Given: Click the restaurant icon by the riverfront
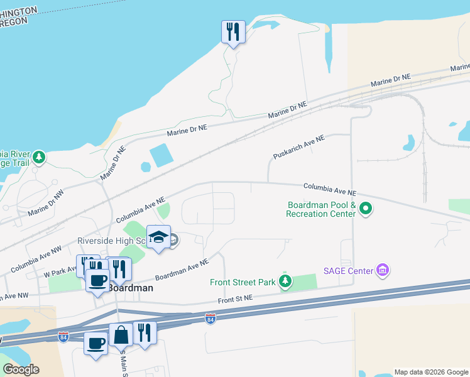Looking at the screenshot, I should click(x=233, y=31).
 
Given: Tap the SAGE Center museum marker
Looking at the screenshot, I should click(x=383, y=271).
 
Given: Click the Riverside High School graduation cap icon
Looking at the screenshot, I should click(x=158, y=237).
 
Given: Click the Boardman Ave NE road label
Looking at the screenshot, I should click(x=182, y=270).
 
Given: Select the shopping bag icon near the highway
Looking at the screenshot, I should click(x=121, y=334).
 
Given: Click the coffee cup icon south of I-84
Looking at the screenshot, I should click(x=96, y=343).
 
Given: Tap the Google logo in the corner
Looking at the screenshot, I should click(x=21, y=369).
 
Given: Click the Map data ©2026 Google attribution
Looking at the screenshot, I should click(x=431, y=371).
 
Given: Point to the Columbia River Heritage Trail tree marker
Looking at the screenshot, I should click(x=39, y=156).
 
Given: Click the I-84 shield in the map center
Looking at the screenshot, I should click(x=210, y=319).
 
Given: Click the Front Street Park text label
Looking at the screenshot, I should click(x=243, y=282).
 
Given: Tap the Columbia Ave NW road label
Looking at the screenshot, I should click(x=36, y=259).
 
